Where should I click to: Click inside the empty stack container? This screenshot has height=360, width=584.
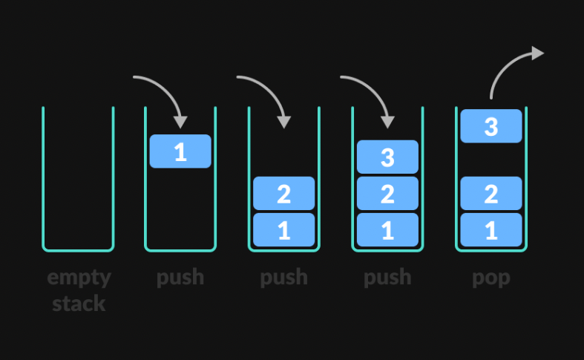(x=78, y=178)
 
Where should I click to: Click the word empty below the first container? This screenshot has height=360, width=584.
(x=79, y=278)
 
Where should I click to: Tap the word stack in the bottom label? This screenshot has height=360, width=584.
(x=79, y=304)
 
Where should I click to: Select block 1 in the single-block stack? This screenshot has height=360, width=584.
(x=180, y=151)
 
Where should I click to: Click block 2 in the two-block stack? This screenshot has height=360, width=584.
(x=283, y=194)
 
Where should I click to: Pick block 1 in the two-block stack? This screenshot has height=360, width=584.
(x=283, y=230)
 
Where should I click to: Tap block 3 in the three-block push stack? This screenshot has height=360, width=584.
(x=387, y=157)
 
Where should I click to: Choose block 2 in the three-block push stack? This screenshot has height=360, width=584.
(x=387, y=194)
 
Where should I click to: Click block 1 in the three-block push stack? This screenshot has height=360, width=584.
(x=387, y=230)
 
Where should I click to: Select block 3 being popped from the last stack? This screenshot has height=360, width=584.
(x=491, y=126)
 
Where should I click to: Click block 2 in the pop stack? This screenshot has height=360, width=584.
(x=491, y=194)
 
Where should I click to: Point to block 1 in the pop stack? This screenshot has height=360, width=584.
(x=491, y=230)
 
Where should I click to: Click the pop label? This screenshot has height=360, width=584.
(x=491, y=278)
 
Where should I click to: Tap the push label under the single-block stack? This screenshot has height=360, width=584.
(x=180, y=278)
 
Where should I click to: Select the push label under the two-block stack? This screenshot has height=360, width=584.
(x=283, y=278)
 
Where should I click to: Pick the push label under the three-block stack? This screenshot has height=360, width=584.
(x=387, y=278)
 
